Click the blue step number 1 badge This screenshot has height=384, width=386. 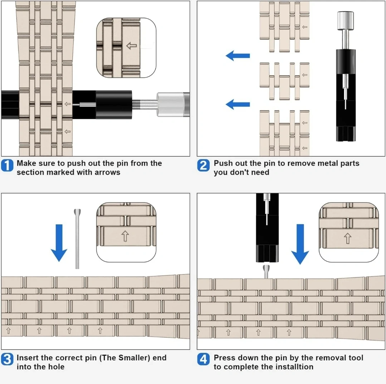click(x=7, y=165)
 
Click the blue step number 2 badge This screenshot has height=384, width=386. click(x=203, y=165)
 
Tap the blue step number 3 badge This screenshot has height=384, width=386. click(x=7, y=359)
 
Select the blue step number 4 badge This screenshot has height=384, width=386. click(x=203, y=359)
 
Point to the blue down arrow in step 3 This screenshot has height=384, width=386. click(x=59, y=243)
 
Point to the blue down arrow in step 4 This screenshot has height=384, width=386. click(x=300, y=244)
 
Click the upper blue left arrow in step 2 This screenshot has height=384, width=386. click(x=238, y=56)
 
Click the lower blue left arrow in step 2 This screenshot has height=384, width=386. click(x=238, y=104)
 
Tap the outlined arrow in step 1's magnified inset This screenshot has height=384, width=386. click(x=131, y=45)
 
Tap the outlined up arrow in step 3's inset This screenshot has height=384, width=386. click(x=125, y=236)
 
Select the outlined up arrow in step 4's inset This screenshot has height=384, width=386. click(x=348, y=238)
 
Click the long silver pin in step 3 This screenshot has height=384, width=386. click(x=77, y=239)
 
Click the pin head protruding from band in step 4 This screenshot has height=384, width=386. click(x=267, y=271)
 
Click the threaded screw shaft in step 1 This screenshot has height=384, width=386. click(x=144, y=104)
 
